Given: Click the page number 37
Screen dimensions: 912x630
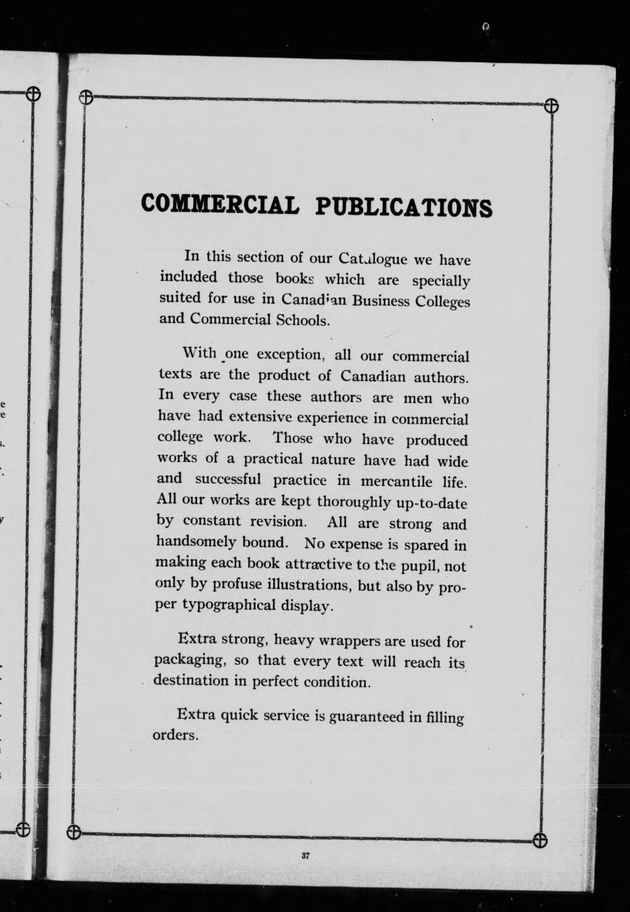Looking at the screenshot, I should pos(305,855).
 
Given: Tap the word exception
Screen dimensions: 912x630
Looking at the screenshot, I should pos(291,354).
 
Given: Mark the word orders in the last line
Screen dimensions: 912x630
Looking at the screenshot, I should pos(175,735).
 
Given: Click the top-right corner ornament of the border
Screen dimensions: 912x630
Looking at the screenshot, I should pos(551,106).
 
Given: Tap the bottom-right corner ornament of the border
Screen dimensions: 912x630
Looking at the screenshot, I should pos(540,840).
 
